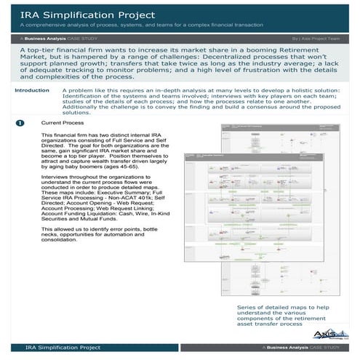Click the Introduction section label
coord(32,111)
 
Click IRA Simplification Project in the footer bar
coord(63,348)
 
